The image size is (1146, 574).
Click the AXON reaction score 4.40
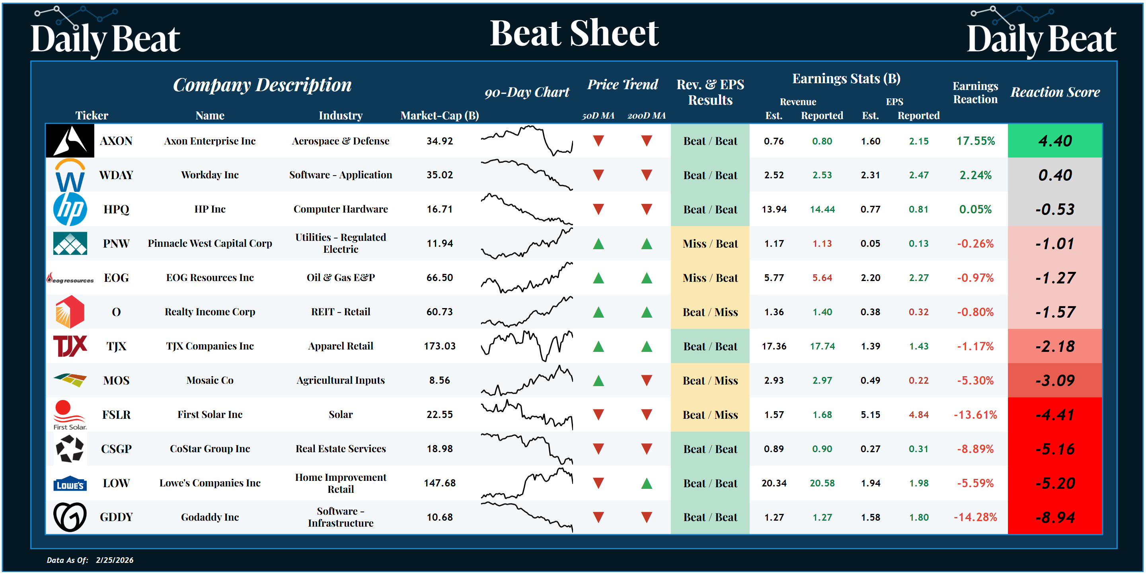tap(1055, 141)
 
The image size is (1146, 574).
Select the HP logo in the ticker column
tap(70, 209)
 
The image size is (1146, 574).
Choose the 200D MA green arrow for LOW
tap(646, 483)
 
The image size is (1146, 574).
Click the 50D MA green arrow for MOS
tap(598, 381)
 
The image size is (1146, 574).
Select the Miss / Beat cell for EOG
tap(710, 278)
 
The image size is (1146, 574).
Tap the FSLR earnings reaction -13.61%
tap(975, 415)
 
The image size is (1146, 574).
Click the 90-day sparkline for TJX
tap(527, 346)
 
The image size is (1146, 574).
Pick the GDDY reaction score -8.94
tap(1055, 517)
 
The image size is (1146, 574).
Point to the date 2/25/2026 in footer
tap(114, 560)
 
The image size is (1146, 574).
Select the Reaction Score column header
tap(1055, 92)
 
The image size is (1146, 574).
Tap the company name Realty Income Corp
tap(210, 312)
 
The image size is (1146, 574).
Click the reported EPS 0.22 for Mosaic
tap(918, 381)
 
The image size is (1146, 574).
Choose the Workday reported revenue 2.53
tap(822, 175)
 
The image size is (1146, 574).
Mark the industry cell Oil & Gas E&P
tap(340, 278)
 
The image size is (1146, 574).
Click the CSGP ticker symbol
tap(116, 449)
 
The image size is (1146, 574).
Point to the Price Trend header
tap(622, 84)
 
